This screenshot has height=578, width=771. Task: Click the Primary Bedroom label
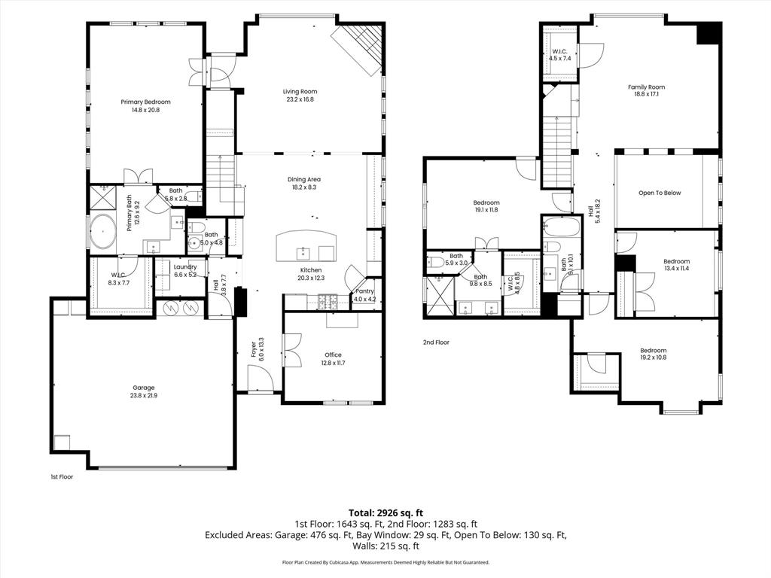tap(145, 102)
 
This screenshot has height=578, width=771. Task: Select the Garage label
tap(144, 388)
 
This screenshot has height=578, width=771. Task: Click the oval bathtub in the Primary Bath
tap(103, 233)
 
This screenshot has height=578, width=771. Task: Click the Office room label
tap(333, 354)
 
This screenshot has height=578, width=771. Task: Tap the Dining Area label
tap(304, 179)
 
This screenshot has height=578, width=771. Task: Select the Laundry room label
tap(185, 266)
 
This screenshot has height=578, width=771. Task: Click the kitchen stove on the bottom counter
tap(328, 303)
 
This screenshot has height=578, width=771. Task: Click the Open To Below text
tap(659, 193)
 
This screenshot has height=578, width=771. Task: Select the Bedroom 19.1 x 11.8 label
tap(486, 202)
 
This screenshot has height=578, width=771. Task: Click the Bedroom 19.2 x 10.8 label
tap(653, 350)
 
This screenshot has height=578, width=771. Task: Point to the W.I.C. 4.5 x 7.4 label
tap(559, 51)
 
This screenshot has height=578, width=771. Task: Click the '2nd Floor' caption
tap(436, 342)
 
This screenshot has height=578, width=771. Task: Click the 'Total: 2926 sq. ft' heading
tap(385, 512)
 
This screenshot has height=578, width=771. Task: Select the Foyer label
tap(253, 351)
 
